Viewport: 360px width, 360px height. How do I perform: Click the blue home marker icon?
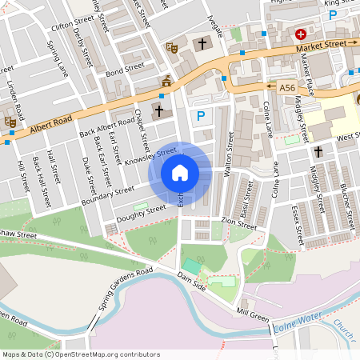point(180,172)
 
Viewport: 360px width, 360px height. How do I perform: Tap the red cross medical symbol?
point(301,34)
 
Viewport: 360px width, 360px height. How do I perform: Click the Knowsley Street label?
point(150,156)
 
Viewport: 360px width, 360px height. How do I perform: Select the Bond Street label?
point(123,70)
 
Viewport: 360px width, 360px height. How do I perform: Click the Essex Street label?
point(298,225)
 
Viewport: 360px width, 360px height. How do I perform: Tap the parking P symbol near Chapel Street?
point(201,116)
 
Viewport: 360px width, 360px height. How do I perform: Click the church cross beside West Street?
point(318,150)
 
